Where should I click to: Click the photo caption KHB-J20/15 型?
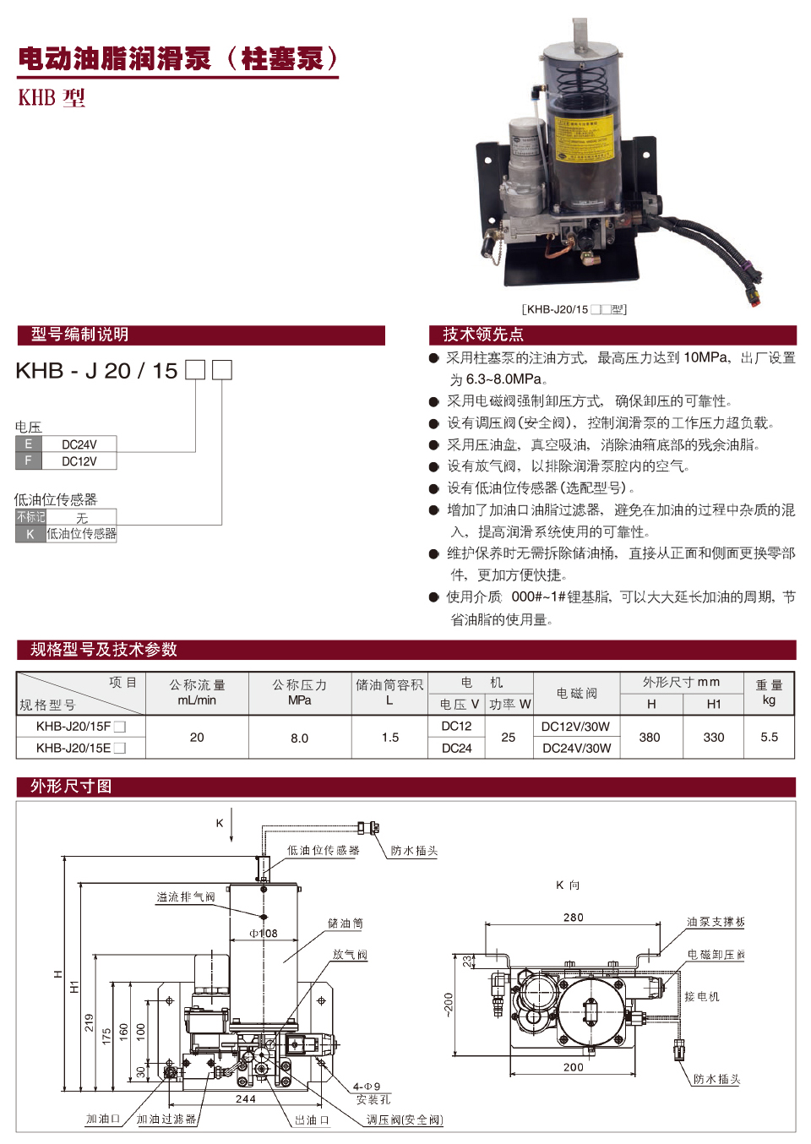[x=574, y=309]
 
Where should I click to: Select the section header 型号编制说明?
[x=79, y=335]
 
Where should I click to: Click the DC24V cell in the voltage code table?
[x=79, y=444]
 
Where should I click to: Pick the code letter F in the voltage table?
[x=28, y=461]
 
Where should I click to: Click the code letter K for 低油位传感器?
[x=30, y=534]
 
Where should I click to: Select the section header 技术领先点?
[x=483, y=335]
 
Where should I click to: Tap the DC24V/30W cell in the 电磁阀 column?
[x=576, y=748]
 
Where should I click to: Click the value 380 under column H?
[x=650, y=737]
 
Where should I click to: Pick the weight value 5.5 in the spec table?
[x=769, y=737]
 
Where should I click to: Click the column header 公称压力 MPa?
[x=299, y=692]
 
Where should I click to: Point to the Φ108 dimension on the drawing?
[x=263, y=934]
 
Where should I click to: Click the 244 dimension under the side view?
[x=246, y=1099]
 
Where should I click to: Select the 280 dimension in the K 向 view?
[x=573, y=918]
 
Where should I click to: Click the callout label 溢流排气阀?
[x=185, y=897]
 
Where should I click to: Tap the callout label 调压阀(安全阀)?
[x=404, y=1120]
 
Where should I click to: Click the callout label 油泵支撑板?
[x=716, y=922]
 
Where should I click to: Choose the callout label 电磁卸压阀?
[x=716, y=955]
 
